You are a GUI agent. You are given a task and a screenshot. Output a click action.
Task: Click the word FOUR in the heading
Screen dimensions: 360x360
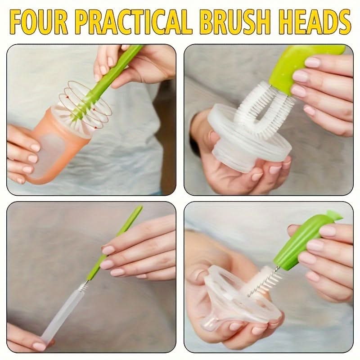pos(39,22)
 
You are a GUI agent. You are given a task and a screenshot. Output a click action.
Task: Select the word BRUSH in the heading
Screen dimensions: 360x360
pos(236,22)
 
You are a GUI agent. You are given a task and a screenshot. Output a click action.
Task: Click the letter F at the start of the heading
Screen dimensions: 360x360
pos(18,22)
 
